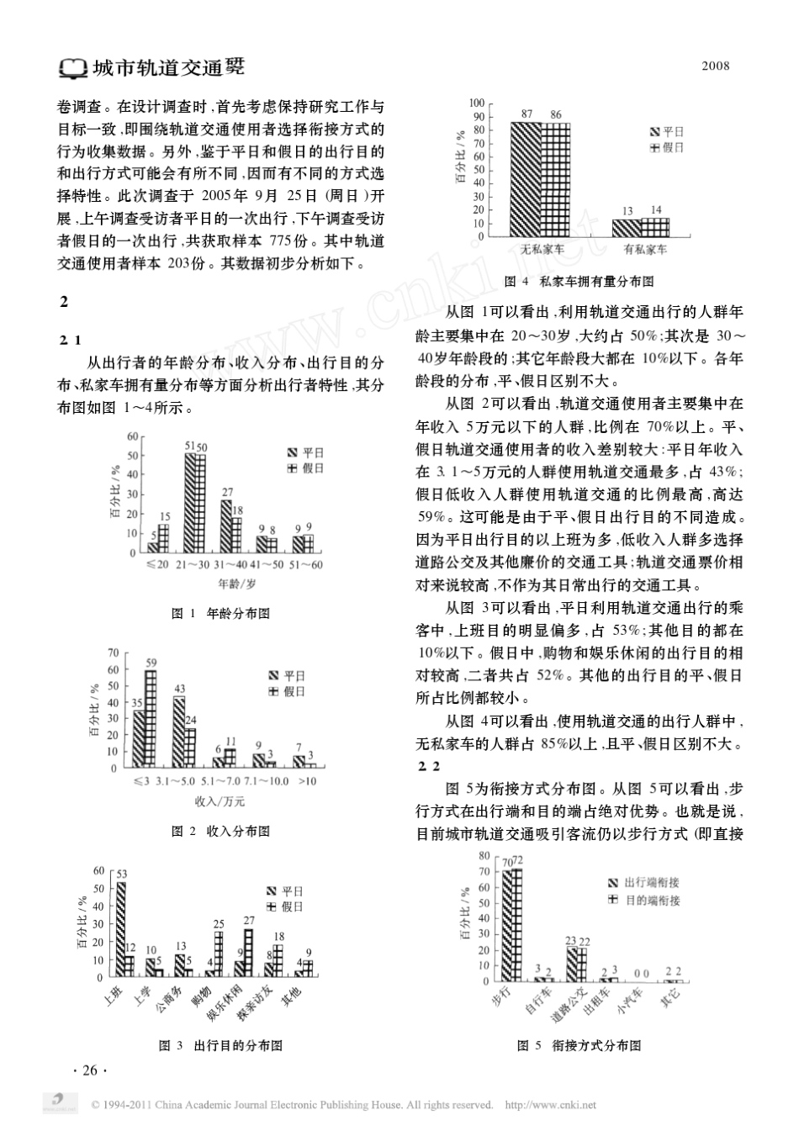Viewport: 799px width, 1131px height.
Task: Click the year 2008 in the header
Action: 716,66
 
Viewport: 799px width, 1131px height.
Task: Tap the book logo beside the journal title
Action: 73,67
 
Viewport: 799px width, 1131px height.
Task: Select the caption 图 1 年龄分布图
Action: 220,614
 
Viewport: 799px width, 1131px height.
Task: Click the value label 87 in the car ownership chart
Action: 527,114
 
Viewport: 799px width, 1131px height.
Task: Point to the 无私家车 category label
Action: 542,250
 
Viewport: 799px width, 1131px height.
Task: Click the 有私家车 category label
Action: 645,250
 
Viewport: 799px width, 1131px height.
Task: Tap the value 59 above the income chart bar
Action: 151,663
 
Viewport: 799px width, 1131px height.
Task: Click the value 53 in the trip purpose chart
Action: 121,875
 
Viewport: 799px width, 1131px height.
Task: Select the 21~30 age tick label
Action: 193,564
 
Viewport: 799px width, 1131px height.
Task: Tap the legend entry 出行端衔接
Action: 651,882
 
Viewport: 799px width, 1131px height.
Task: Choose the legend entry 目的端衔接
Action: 651,900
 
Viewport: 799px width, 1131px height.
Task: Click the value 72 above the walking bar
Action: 518,860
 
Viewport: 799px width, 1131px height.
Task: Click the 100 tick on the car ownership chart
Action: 477,103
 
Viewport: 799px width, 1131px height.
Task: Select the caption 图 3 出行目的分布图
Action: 220,1045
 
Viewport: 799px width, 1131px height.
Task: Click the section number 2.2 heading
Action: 429,766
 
